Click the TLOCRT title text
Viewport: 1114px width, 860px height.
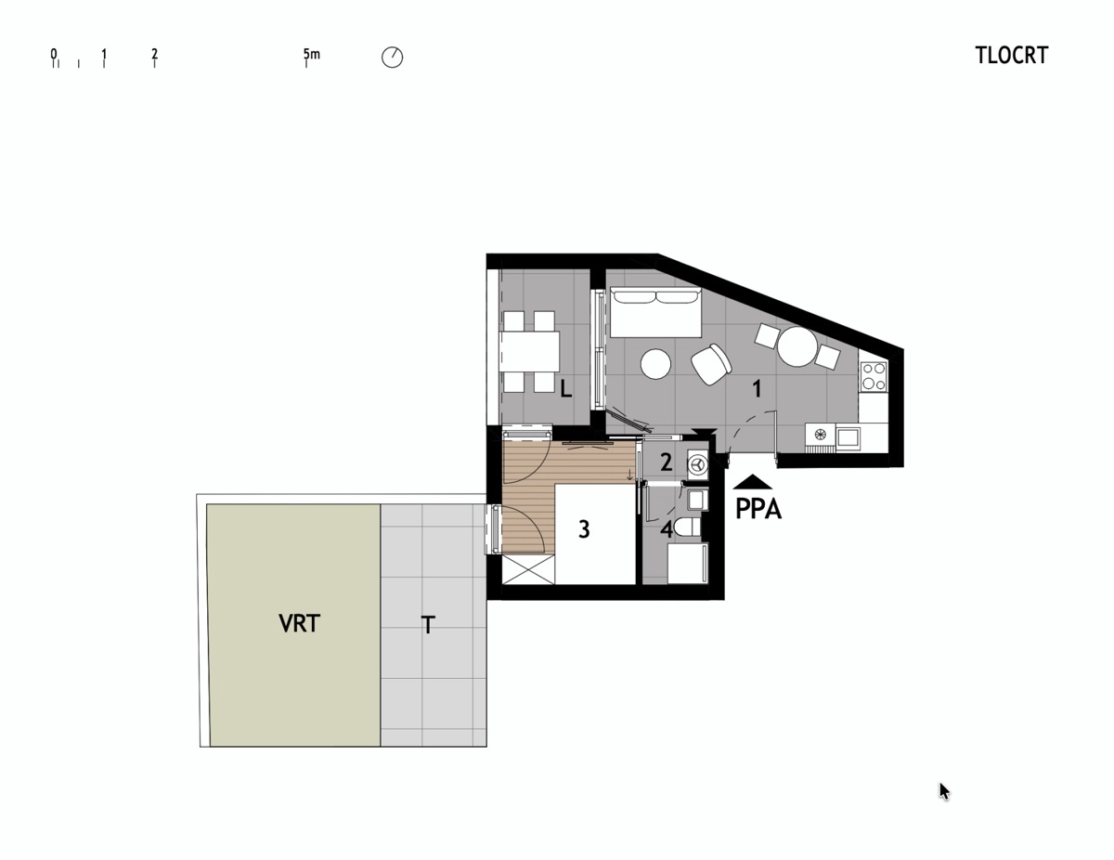1011,56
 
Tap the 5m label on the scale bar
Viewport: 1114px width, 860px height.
311,54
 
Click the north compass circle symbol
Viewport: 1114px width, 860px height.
392,58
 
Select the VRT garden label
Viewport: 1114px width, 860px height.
300,623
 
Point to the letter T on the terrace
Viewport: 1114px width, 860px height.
428,625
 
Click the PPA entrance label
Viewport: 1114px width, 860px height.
758,509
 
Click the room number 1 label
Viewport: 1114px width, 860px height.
757,389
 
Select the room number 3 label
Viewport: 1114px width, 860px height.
584,529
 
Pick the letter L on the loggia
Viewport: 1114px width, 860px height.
565,389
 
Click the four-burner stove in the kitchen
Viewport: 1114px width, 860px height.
874,376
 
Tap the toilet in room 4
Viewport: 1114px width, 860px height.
688,527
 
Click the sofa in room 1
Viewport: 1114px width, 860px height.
655,312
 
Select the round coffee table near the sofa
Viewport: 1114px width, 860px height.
655,363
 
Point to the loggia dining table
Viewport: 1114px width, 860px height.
529,352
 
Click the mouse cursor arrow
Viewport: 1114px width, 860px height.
944,791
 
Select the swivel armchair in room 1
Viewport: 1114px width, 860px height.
711,363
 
